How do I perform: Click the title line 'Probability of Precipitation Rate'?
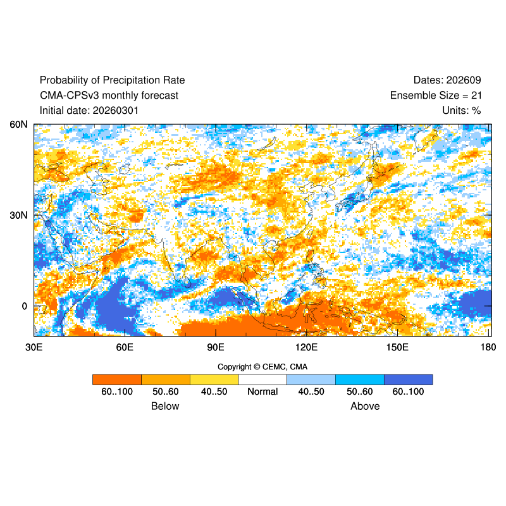click(x=112, y=80)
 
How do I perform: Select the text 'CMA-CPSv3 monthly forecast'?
click(x=109, y=96)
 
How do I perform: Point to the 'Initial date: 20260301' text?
click(x=89, y=111)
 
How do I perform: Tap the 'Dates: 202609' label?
click(x=447, y=80)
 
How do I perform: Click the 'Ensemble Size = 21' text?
click(x=435, y=96)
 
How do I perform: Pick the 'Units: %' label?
click(x=462, y=111)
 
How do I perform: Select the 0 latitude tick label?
click(x=25, y=306)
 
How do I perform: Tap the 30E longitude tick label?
click(x=34, y=347)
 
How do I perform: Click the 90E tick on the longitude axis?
click(x=216, y=347)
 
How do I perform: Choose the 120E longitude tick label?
click(x=307, y=347)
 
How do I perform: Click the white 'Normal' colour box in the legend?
click(x=262, y=379)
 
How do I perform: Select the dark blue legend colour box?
click(x=408, y=379)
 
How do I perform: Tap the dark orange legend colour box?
click(x=117, y=379)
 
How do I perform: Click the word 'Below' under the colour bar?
click(x=165, y=406)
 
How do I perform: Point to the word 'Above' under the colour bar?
click(x=365, y=406)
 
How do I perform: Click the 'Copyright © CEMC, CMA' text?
click(x=262, y=367)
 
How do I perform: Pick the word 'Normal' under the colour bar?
click(x=262, y=392)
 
